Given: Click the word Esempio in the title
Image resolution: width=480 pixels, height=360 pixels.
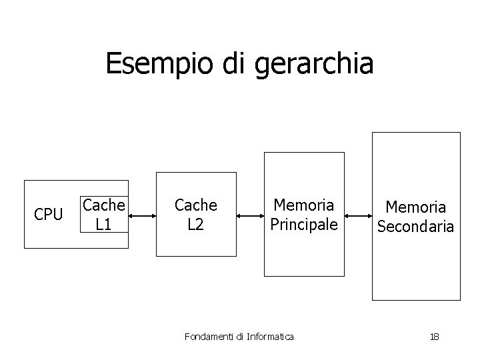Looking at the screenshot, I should (x=159, y=64).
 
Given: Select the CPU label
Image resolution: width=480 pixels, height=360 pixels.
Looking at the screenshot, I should (x=48, y=215).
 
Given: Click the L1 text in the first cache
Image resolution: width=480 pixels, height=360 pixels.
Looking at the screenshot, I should (x=103, y=225).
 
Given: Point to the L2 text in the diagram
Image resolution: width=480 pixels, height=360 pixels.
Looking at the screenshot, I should (x=195, y=225).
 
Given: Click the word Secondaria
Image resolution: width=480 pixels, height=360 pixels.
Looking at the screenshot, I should (x=415, y=227).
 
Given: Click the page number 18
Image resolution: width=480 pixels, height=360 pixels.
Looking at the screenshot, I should (x=434, y=337).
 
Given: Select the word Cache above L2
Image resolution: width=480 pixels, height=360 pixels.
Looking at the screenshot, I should (x=195, y=205).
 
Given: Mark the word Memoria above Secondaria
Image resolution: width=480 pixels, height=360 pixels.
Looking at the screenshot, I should (x=415, y=209).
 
